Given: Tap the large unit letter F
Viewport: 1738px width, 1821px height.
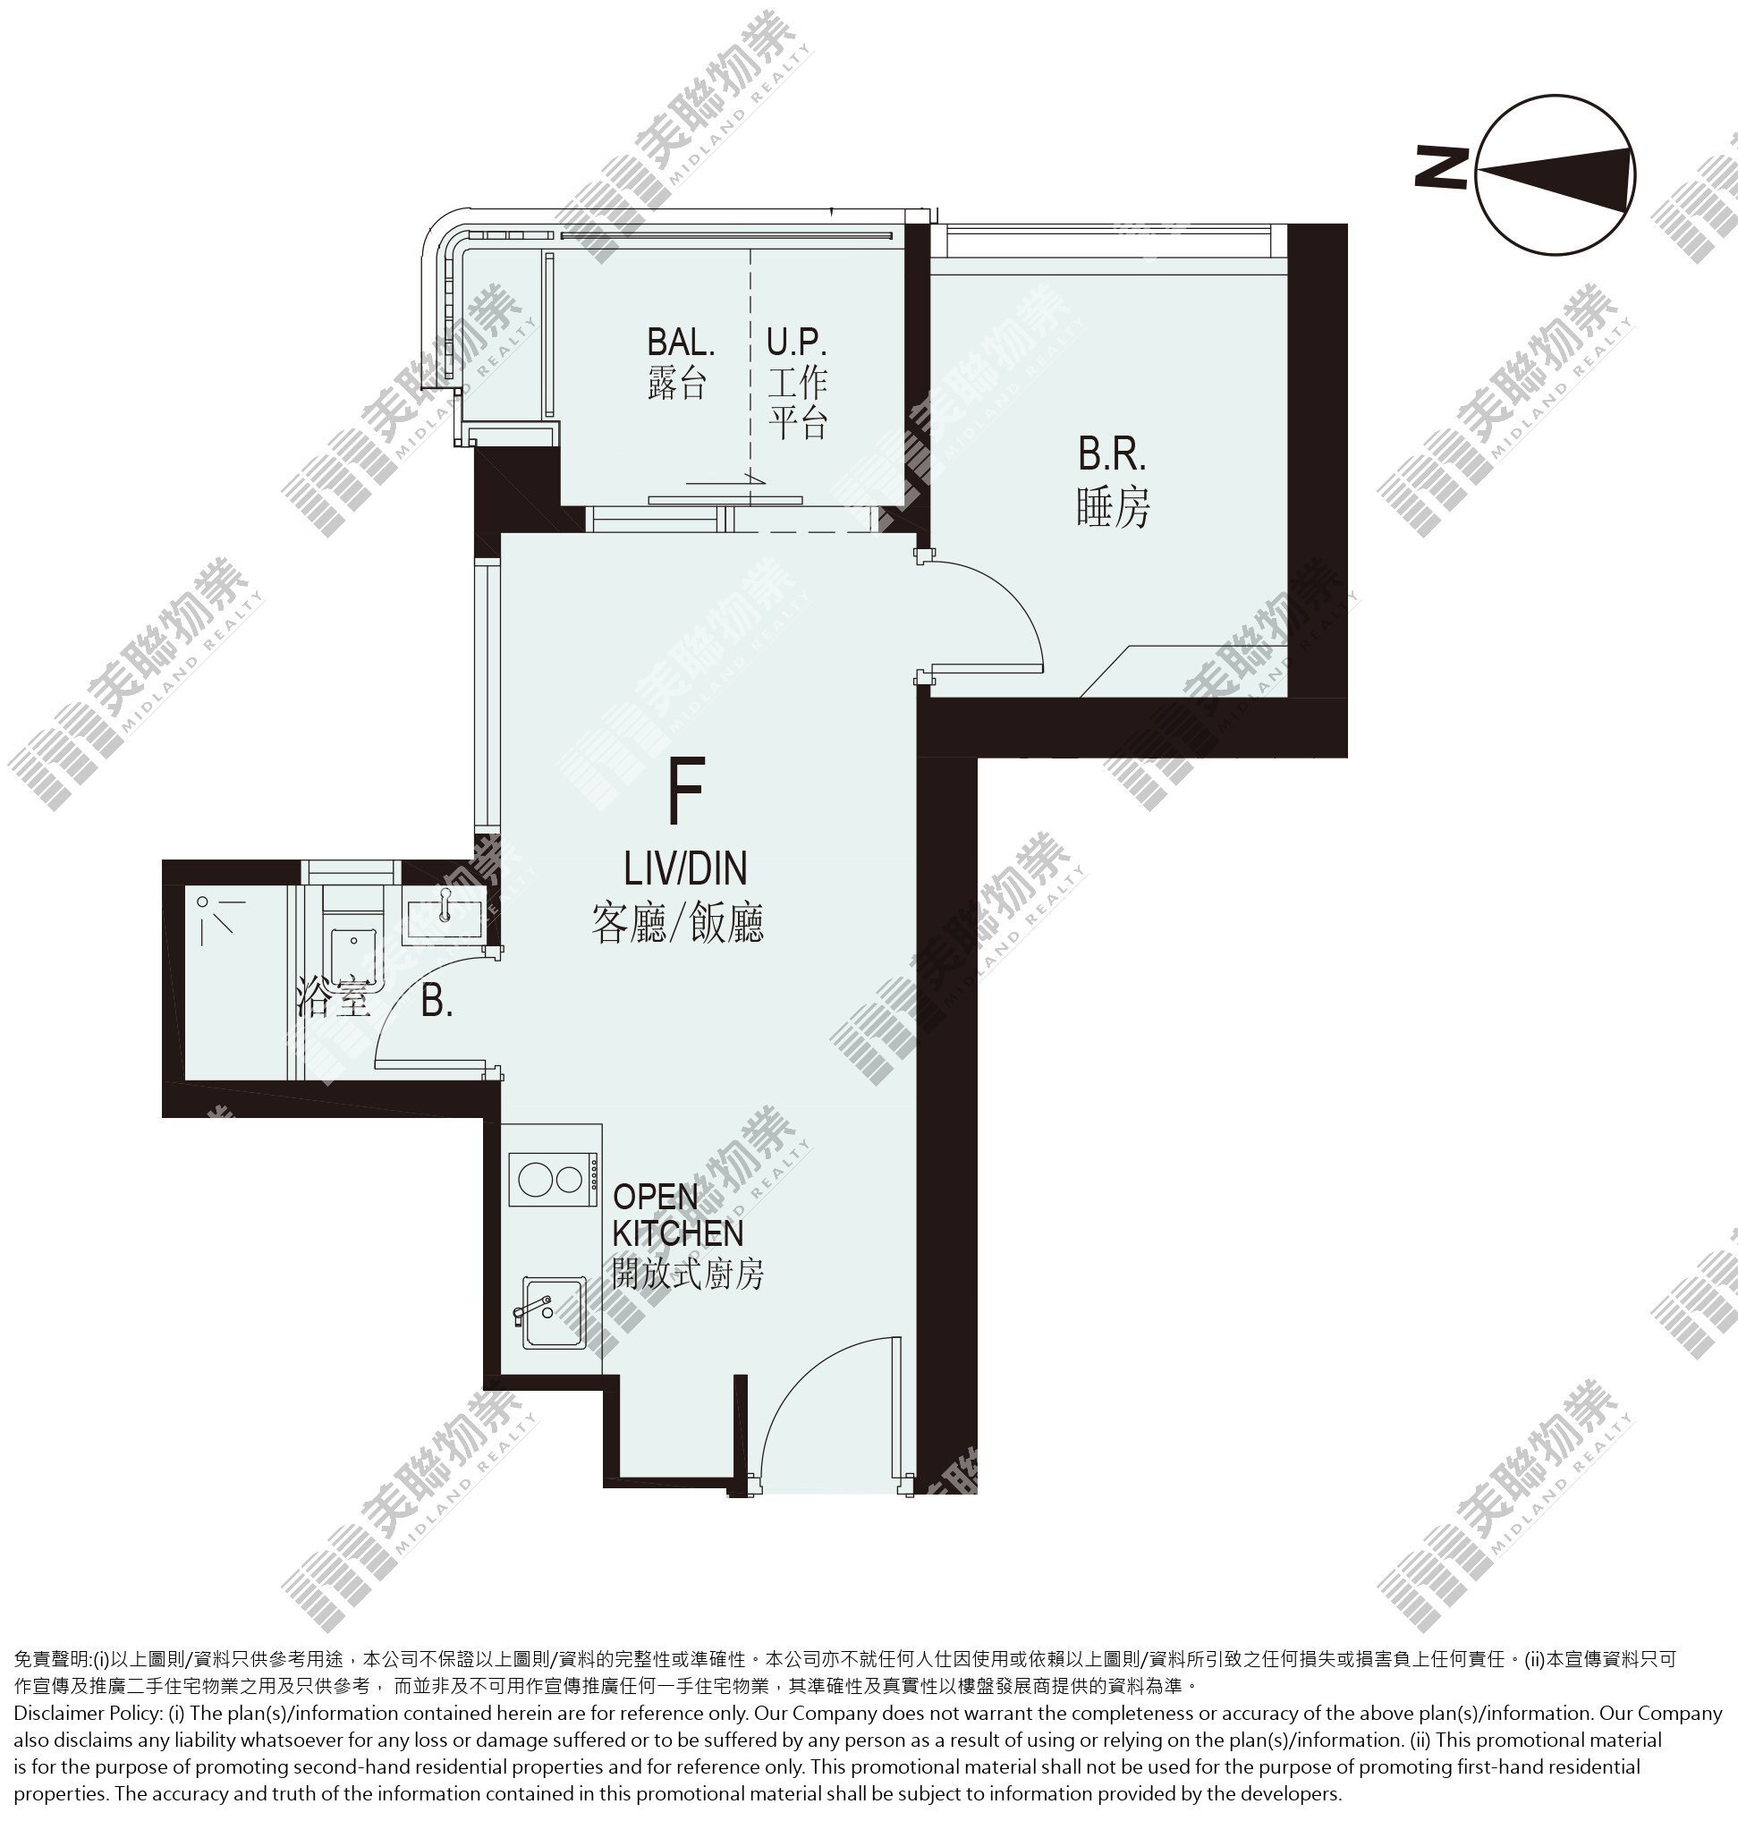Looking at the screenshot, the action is pyautogui.click(x=686, y=790).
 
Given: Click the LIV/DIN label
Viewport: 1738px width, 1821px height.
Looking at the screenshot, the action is pyautogui.click(x=684, y=868).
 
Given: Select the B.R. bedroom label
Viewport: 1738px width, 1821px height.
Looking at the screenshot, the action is pyautogui.click(x=1112, y=453).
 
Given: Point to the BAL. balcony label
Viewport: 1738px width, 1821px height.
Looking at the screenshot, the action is pyautogui.click(x=681, y=343).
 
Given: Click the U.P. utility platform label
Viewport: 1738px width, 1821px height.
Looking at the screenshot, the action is pyautogui.click(x=797, y=343).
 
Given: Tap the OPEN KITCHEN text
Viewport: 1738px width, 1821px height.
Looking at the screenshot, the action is pyautogui.click(x=678, y=1215).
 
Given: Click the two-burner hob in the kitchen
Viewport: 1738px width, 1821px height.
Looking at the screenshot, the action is pyautogui.click(x=552, y=1179).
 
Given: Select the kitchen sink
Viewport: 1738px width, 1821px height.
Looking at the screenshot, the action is pyautogui.click(x=552, y=1312).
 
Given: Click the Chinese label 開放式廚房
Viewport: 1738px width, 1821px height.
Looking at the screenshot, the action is pyautogui.click(x=687, y=1275).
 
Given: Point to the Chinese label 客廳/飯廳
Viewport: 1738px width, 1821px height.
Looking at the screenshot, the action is pyautogui.click(x=677, y=923).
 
